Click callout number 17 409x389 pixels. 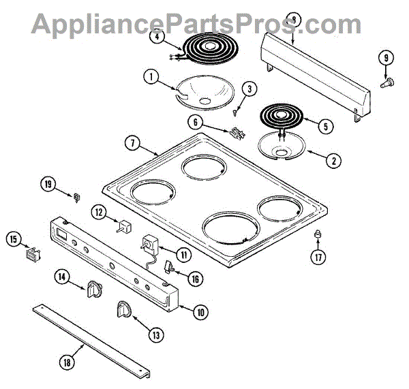pos(317,258)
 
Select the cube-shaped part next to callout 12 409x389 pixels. pos(125,227)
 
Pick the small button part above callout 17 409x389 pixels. pos(317,235)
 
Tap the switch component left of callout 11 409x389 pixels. pos(149,244)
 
